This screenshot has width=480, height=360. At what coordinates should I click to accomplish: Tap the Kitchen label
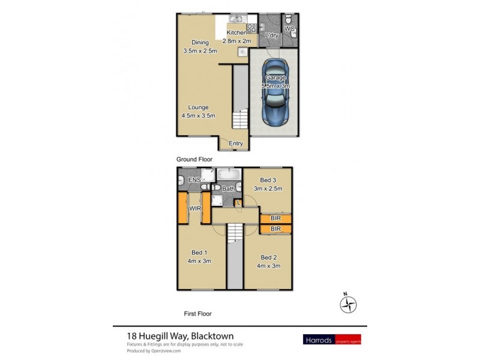[235, 33]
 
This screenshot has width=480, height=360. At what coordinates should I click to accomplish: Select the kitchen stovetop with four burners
[251, 28]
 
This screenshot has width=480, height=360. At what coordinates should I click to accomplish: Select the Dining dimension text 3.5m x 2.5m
[200, 51]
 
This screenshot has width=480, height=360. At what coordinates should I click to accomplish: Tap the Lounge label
[197, 107]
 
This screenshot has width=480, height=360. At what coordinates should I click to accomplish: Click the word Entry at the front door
[236, 143]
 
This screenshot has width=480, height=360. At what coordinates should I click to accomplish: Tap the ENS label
[194, 181]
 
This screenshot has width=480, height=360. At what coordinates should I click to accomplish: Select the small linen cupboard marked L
[238, 203]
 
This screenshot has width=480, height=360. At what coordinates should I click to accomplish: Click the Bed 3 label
[268, 180]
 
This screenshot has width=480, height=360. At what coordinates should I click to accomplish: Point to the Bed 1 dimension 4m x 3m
[200, 261]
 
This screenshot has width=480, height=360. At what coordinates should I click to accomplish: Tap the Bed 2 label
[268, 257]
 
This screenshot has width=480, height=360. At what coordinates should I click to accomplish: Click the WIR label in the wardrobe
[195, 208]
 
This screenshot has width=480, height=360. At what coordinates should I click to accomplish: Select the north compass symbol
[347, 304]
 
